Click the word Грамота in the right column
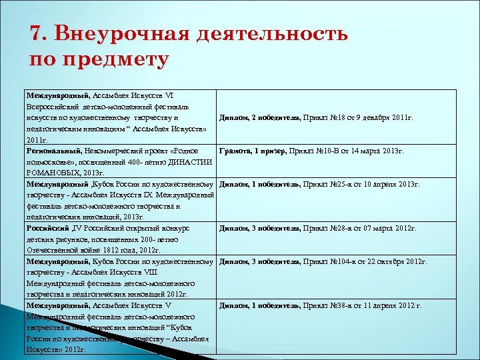pyautogui.click(x=235, y=151)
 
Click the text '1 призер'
pyautogui.click(x=268, y=151)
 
